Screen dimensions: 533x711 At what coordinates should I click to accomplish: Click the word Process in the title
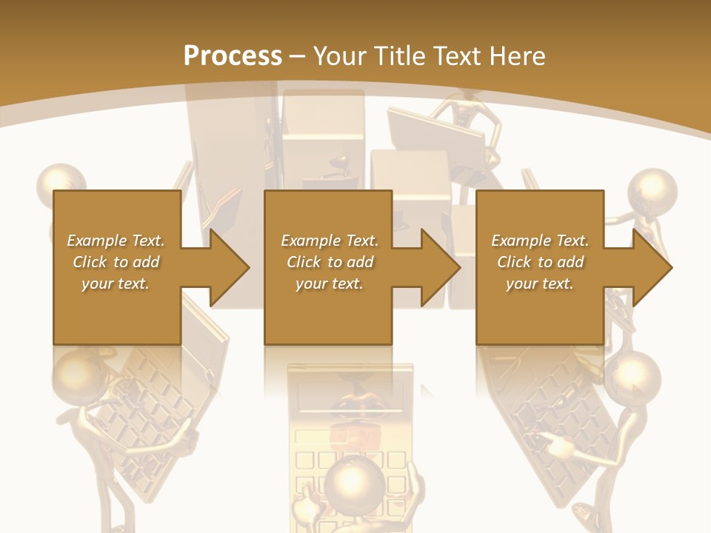pos(233,56)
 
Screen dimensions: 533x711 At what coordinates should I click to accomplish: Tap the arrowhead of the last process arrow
pos(652,267)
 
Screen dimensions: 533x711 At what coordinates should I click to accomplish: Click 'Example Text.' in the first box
pos(116,241)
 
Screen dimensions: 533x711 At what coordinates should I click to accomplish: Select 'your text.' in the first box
pos(116,284)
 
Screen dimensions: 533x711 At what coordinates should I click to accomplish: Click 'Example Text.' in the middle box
pos(330,241)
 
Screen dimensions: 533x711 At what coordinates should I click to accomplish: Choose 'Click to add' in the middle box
pos(330,262)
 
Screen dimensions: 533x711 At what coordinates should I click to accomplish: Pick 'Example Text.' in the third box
pos(540,241)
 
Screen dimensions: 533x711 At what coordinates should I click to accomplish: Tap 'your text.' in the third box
pos(540,284)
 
